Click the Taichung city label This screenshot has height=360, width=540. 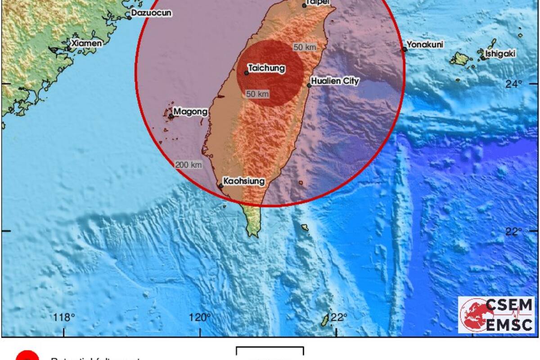267,68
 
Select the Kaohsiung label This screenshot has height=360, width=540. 245,181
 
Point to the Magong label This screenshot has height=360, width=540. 190,111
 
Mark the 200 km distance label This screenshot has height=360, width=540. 189,165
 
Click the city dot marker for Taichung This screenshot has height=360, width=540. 247,72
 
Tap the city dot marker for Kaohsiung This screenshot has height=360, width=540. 221,186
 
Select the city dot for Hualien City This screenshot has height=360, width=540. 309,85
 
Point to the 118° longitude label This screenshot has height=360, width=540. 64,318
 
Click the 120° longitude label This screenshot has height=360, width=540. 200,318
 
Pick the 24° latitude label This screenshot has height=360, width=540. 513,84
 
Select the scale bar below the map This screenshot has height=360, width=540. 270,351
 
